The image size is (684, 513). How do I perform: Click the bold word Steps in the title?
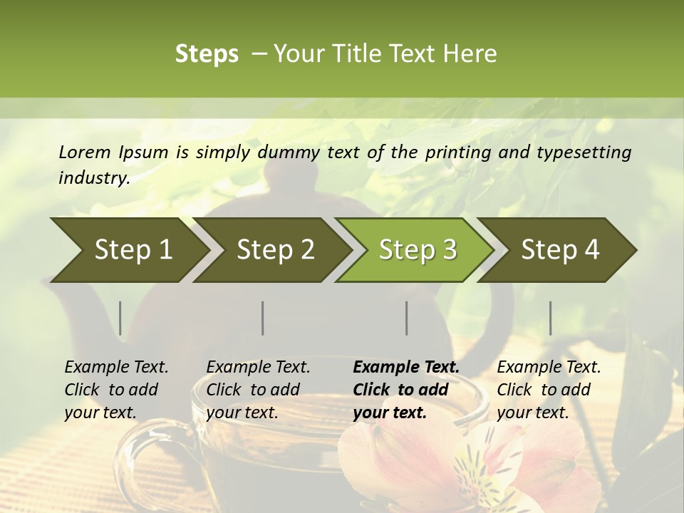pyautogui.click(x=207, y=54)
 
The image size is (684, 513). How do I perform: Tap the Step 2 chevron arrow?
pyautogui.click(x=275, y=250)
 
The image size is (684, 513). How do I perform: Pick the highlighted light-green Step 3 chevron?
pyautogui.click(x=418, y=250)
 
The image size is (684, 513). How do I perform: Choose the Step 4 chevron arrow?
pyautogui.click(x=560, y=250)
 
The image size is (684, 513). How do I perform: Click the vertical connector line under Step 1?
pyautogui.click(x=120, y=318)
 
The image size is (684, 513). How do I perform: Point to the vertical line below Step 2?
pyautogui.click(x=263, y=318)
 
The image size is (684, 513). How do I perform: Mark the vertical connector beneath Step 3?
pyautogui.click(x=406, y=318)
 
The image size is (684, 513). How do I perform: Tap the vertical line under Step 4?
pyautogui.click(x=550, y=318)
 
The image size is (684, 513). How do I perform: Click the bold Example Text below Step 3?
pyautogui.click(x=406, y=390)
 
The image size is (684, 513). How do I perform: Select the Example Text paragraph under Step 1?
pyautogui.click(x=116, y=390)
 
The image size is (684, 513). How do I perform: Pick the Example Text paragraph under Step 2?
pyautogui.click(x=258, y=390)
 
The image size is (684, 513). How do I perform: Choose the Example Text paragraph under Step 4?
pyautogui.click(x=549, y=390)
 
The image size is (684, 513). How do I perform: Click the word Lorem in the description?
pyautogui.click(x=85, y=152)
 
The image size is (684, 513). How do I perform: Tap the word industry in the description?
pyautogui.click(x=93, y=178)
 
